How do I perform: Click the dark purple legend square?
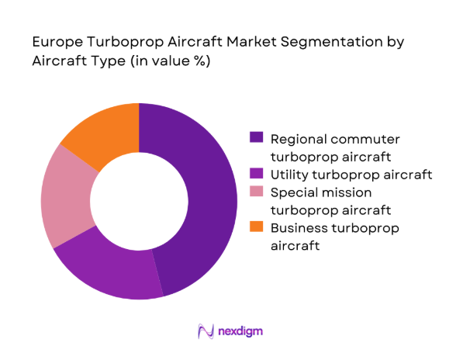click(x=256, y=137)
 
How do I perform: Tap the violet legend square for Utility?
click(x=256, y=173)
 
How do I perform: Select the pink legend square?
click(x=256, y=191)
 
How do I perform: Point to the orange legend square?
click(x=256, y=227)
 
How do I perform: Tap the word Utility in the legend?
click(x=288, y=174)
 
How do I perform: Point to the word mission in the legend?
click(x=347, y=192)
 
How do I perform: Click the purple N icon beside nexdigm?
click(x=206, y=331)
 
